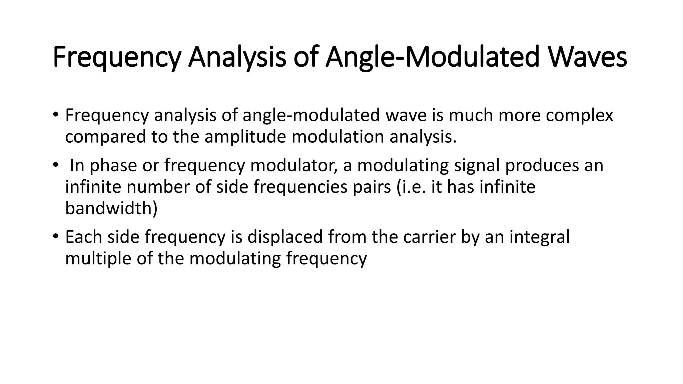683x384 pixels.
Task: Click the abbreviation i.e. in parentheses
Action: click(x=412, y=187)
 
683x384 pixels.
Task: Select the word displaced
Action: click(x=285, y=237)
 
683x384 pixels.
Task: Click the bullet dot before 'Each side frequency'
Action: click(x=55, y=236)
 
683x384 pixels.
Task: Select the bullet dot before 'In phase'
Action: click(x=55, y=165)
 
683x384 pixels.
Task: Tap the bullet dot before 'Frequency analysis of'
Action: click(x=55, y=115)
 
